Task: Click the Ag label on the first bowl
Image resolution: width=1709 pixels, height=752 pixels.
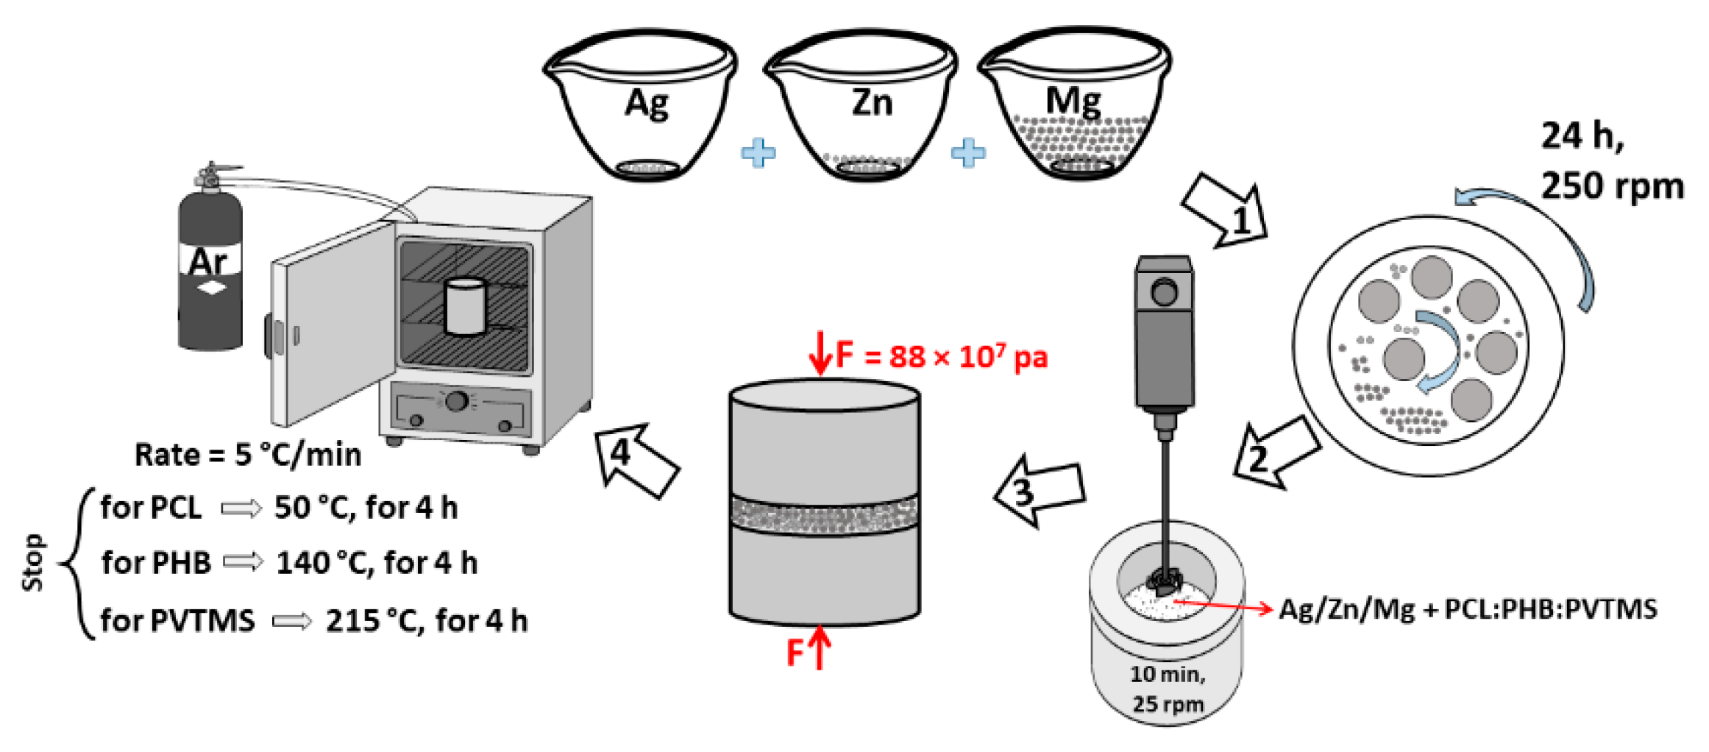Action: point(646,104)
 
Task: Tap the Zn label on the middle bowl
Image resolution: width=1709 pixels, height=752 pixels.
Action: point(872,102)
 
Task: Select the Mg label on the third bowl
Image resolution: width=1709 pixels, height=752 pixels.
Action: point(1073,102)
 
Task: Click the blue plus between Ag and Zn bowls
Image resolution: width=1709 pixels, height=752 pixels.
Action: point(758,153)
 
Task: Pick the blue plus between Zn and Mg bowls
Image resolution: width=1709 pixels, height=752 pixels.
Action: point(968,153)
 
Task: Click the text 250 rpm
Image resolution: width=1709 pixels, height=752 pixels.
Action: point(1612,185)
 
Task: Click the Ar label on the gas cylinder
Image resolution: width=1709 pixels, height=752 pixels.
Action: point(208,262)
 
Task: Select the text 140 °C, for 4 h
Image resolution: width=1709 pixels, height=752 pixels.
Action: point(377,564)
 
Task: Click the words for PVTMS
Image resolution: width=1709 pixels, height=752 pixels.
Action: point(177,620)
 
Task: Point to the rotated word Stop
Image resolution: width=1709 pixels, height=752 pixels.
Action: point(33,562)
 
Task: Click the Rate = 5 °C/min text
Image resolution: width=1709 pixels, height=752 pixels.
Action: point(248,455)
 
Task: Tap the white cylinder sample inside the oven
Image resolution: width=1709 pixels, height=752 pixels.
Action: point(465,306)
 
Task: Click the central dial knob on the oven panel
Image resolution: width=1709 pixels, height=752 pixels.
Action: point(457,402)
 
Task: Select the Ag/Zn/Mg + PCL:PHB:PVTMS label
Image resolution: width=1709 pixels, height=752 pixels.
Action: point(1468,609)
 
